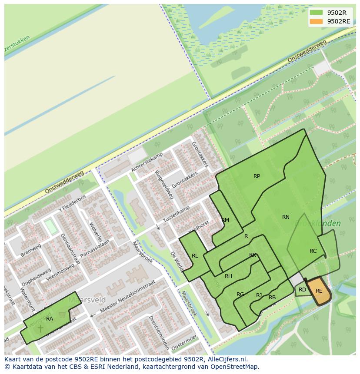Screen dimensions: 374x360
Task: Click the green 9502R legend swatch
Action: pos(317,13)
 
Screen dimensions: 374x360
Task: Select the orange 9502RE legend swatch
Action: pos(317,21)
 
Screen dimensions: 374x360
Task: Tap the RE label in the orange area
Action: pos(319,291)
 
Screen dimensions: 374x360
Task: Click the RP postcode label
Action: pos(257,176)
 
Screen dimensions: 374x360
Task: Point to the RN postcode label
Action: pos(286,217)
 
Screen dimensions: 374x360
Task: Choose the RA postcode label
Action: pos(50,319)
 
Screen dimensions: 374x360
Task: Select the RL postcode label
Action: pos(195,256)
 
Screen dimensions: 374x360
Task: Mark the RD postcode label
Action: pos(302,290)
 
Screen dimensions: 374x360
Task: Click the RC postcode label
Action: pos(313,251)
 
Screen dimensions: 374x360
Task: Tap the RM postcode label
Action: pos(225,220)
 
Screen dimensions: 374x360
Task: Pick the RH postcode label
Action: pos(228,276)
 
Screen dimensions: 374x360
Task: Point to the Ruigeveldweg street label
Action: pos(164,185)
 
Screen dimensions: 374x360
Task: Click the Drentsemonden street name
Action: pos(159,333)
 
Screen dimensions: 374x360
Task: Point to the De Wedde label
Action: pos(176,261)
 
